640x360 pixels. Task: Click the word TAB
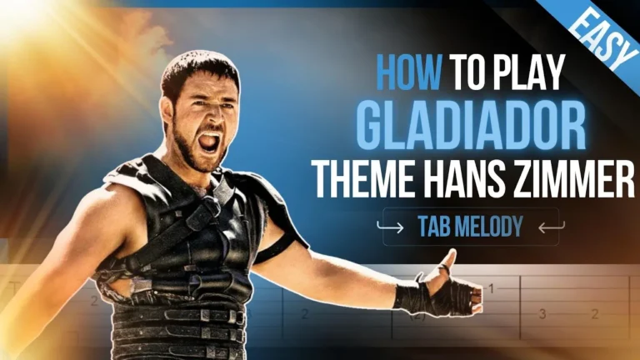pos(434,226)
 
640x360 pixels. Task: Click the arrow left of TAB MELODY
pos(391,226)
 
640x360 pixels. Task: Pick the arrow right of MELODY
pos(550,226)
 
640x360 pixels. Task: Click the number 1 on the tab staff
pos(491,289)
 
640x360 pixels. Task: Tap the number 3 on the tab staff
pos(542,314)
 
